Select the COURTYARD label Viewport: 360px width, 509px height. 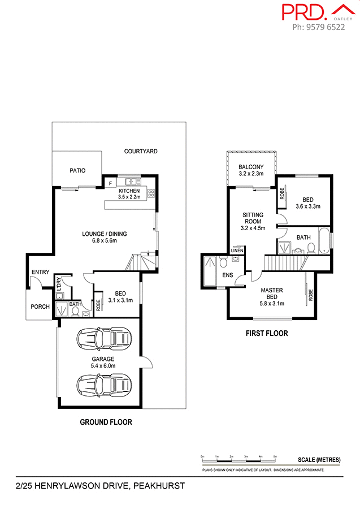(x=141, y=152)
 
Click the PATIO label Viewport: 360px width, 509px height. (x=77, y=170)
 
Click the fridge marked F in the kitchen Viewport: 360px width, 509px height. (x=110, y=183)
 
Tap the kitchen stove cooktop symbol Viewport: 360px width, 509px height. (x=151, y=193)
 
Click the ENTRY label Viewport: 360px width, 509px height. (x=40, y=273)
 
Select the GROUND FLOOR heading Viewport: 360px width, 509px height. (x=106, y=422)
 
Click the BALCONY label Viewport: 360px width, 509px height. (x=250, y=167)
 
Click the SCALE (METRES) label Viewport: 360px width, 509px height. (x=319, y=460)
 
